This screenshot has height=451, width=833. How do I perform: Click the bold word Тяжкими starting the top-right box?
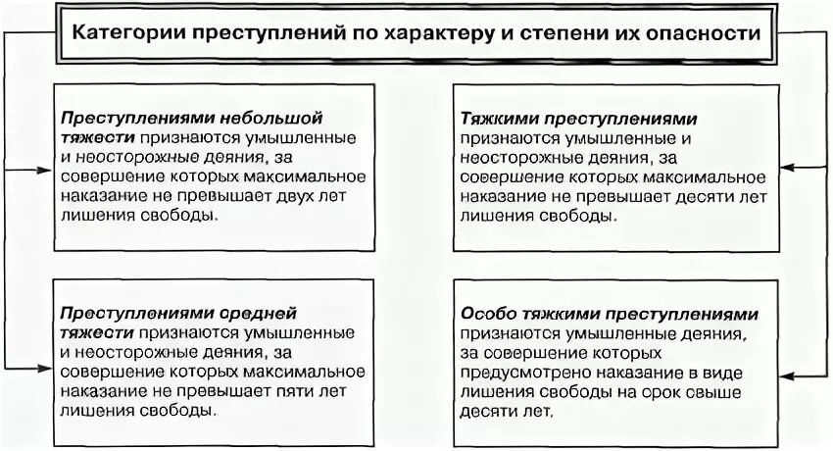point(495,116)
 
